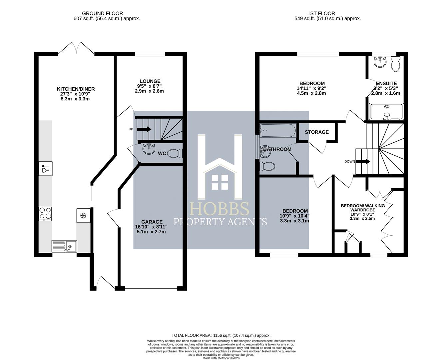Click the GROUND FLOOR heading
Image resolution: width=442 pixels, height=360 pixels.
click(x=103, y=13)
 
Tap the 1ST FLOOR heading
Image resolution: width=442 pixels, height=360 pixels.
click(x=321, y=13)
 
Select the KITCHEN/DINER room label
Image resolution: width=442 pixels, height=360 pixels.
click(x=76, y=89)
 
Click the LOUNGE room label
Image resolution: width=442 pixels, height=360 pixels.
click(x=150, y=81)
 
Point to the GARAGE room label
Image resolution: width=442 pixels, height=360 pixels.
click(x=152, y=222)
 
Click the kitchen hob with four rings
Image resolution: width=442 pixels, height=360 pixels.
click(x=45, y=214)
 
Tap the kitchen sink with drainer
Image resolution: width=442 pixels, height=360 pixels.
click(x=64, y=246)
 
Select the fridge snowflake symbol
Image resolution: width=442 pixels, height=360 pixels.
click(x=83, y=216)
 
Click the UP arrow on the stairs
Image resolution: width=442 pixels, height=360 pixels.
click(x=144, y=129)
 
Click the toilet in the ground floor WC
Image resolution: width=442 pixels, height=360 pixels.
click(x=175, y=154)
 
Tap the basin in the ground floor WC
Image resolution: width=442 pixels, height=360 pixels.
click(x=149, y=149)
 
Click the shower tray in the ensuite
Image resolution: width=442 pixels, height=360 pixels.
click(x=386, y=112)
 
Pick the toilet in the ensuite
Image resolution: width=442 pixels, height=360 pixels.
click(x=395, y=64)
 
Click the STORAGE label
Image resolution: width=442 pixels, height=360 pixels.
click(x=317, y=132)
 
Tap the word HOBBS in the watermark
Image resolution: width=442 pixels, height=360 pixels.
click(x=220, y=209)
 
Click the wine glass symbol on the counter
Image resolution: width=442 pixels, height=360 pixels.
click(x=46, y=168)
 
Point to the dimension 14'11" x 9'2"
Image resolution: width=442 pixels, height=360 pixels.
click(x=311, y=88)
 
